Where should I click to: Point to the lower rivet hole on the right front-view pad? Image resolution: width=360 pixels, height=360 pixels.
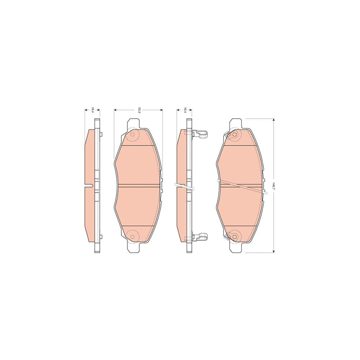click(235, 236)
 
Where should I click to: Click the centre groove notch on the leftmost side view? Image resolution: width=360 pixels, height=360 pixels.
click(91, 185)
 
